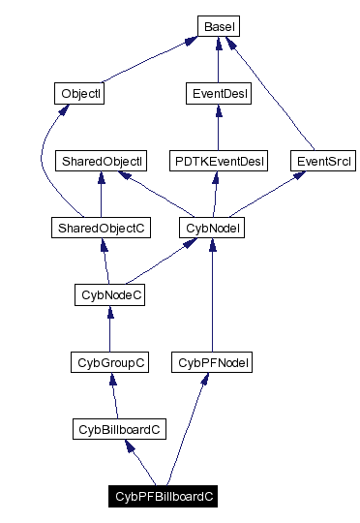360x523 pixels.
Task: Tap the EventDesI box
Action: point(217,94)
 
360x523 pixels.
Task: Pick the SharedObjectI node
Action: point(101,160)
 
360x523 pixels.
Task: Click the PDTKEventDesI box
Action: point(218,160)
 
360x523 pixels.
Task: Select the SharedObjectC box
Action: point(101,228)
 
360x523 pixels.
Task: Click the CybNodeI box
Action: point(212,228)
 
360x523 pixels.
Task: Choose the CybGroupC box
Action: point(110,362)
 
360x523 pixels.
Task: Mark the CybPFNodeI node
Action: point(212,362)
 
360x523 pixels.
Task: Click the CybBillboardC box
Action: point(118,428)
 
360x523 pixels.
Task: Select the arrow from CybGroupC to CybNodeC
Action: point(109,329)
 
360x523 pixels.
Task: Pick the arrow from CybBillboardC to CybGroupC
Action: point(114,395)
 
